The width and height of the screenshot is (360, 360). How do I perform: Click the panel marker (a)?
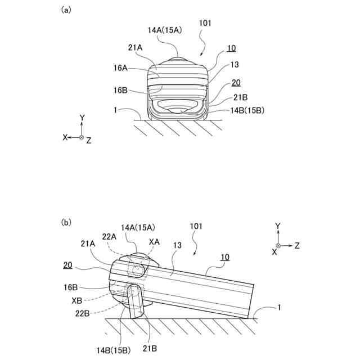(x=66, y=10)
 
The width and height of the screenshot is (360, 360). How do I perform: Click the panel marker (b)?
(x=66, y=222)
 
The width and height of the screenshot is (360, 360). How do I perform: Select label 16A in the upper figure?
(x=120, y=68)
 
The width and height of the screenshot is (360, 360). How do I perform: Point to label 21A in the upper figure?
(x=136, y=49)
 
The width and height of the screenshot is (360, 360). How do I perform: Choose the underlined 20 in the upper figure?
(x=236, y=82)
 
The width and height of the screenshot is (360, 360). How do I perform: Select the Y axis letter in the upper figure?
(x=82, y=118)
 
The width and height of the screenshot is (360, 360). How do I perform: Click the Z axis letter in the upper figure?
(x=89, y=141)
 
